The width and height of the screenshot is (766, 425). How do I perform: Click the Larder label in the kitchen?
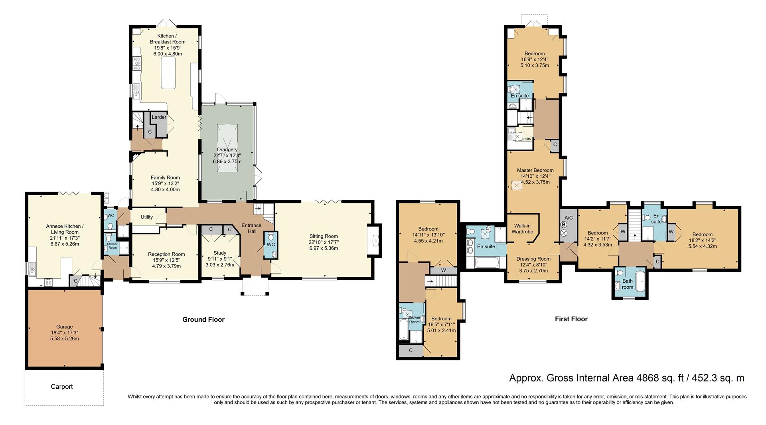coord(159,117)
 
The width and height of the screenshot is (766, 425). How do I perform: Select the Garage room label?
coord(64,327)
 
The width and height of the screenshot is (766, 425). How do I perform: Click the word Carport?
coord(62,386)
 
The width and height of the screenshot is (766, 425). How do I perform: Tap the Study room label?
coord(220,253)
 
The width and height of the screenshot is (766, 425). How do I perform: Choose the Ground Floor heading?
coord(203,319)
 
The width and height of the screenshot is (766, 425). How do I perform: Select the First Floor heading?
coord(571,319)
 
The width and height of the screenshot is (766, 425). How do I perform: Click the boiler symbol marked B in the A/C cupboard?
coord(564,224)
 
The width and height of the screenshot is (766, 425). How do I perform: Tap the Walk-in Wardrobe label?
coord(522,228)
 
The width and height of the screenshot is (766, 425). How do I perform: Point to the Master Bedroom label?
coord(535,170)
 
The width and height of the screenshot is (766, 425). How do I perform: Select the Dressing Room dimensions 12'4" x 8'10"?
coord(533,265)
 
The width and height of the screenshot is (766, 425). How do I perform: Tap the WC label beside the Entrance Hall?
coord(270,244)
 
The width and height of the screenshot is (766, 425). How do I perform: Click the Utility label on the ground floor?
coord(147,217)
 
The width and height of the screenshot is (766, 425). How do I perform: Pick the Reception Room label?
coord(166,254)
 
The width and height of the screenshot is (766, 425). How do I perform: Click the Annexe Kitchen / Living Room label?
coord(65,229)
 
